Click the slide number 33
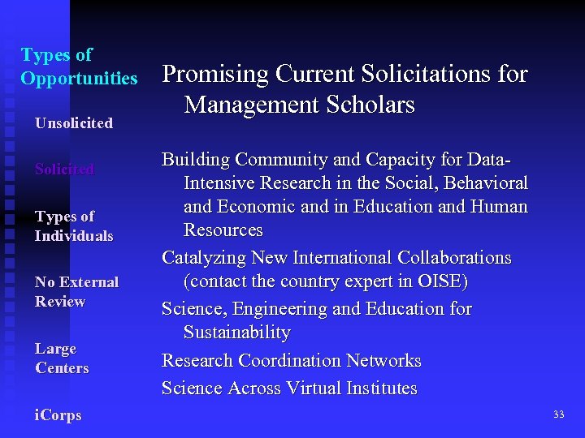pos(558,414)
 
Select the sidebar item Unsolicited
pos(73,123)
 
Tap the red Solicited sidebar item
pos(64,170)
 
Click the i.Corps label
pos(58,415)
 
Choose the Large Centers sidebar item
pos(62,359)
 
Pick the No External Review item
pos(76,292)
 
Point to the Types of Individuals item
pos(73,226)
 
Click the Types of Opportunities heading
pos(79,67)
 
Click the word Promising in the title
pos(215,75)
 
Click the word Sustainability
pos(236,333)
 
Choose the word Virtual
pos(310,389)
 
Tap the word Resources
pos(223,230)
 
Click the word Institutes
pos(380,389)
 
